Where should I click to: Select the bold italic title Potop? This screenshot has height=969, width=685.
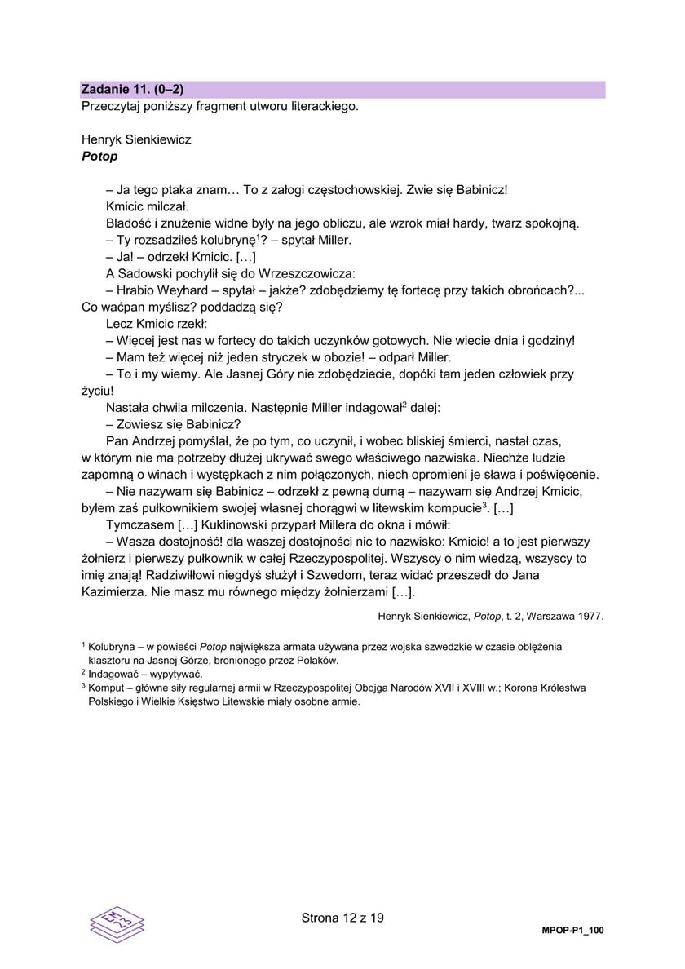(99, 156)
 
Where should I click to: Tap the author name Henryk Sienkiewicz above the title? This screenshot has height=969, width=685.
(136, 139)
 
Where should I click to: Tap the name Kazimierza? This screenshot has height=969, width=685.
(113, 592)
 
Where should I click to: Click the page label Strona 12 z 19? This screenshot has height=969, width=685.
(342, 918)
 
